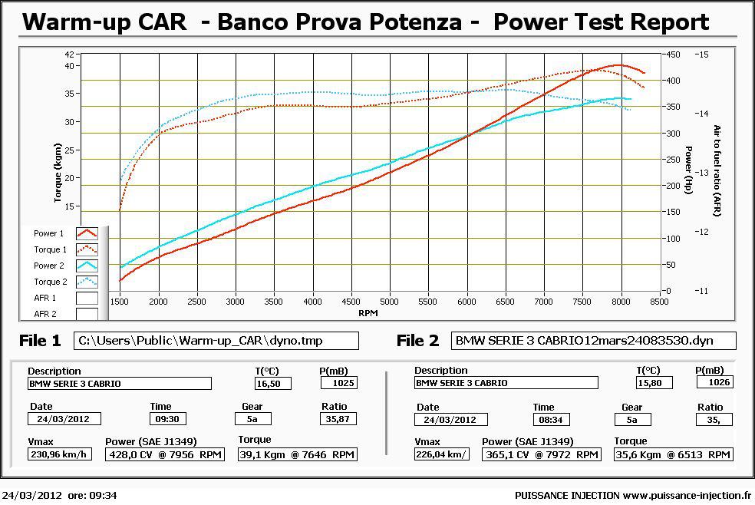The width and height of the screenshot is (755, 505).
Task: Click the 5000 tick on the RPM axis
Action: click(x=390, y=302)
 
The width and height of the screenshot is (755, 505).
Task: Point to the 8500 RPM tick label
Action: click(x=659, y=302)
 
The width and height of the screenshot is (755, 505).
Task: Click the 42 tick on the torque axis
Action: click(x=70, y=54)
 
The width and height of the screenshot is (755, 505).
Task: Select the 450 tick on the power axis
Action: click(x=672, y=54)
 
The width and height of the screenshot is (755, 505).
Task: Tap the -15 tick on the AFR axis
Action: click(x=703, y=54)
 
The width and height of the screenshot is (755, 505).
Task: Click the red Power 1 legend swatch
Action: click(x=87, y=233)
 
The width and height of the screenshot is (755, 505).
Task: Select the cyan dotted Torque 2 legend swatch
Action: click(x=87, y=282)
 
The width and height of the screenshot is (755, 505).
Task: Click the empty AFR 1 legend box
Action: click(x=87, y=298)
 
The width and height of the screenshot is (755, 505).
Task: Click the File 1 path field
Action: click(x=216, y=341)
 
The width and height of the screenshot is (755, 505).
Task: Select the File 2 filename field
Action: click(x=593, y=341)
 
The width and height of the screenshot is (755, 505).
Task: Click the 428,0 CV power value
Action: click(x=163, y=454)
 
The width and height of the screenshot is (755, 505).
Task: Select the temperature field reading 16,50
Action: click(x=272, y=383)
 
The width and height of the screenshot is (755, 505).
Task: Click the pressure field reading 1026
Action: click(x=714, y=382)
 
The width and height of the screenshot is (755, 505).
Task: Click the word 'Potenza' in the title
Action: click(x=417, y=21)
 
